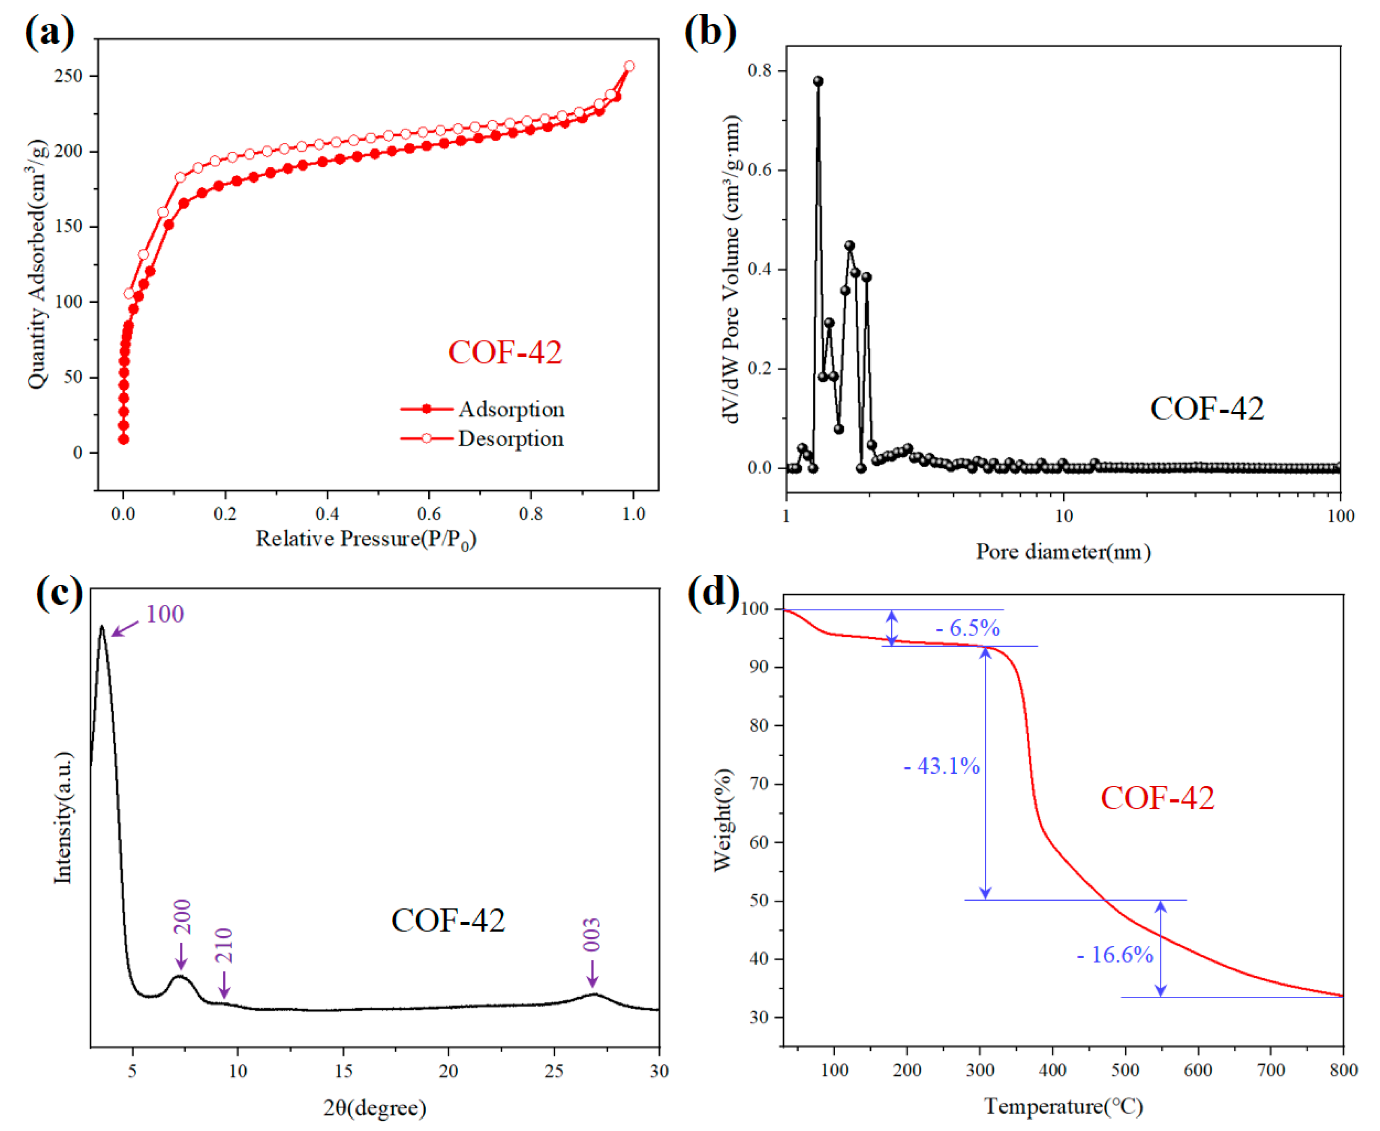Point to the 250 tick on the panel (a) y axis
pos(69,76)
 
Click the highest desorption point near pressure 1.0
pos(629,66)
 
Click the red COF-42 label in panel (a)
pos(505,353)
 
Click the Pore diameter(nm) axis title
pos(1063,552)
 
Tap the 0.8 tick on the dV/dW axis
pos(759,70)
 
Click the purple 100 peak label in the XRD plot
pos(165,614)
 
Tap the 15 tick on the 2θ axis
pos(343,1071)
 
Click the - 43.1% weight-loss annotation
pos(942,766)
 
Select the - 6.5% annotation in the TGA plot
pos(968,628)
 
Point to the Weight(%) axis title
pos(723,820)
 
